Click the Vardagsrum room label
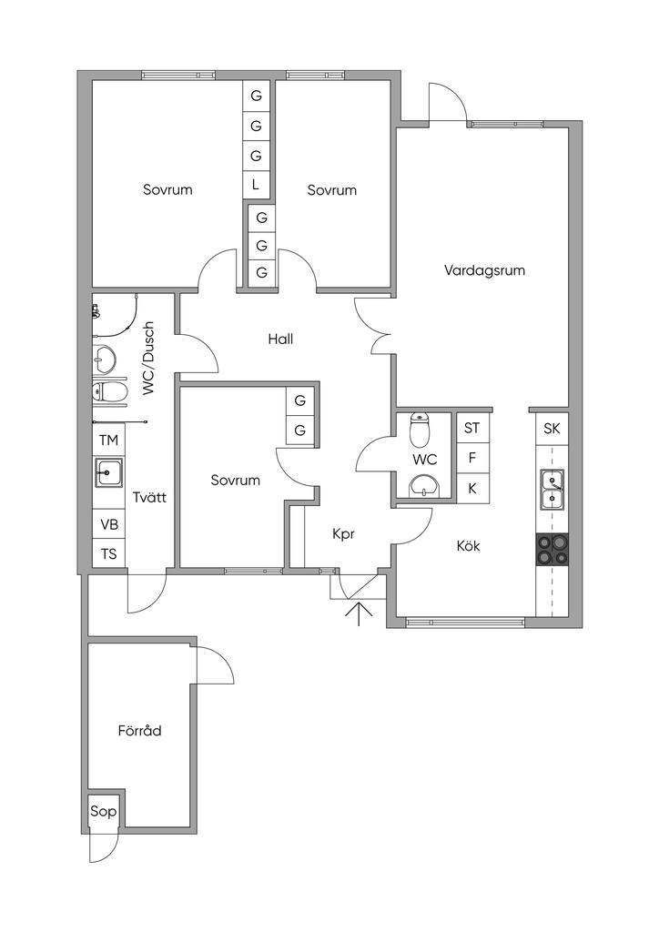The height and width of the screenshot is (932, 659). [x=484, y=270]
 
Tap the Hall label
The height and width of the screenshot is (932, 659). [x=280, y=339]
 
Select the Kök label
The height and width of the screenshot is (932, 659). [x=469, y=546]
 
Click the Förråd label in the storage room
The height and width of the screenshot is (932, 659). [x=139, y=730]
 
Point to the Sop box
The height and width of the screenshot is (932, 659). [x=103, y=811]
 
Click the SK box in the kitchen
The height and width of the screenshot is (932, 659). [x=552, y=429]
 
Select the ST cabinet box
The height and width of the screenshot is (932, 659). [x=471, y=428]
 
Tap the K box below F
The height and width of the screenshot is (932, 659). [x=471, y=488]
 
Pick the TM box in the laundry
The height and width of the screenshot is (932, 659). [x=109, y=441]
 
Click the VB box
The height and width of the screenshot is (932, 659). [x=109, y=524]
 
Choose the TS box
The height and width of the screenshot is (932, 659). [x=109, y=554]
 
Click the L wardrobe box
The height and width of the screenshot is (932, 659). [x=256, y=185]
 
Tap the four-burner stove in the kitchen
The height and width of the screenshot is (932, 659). [x=552, y=550]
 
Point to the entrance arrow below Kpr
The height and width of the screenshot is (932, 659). [x=360, y=614]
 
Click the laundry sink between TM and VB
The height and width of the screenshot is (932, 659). [x=110, y=473]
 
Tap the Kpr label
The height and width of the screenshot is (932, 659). [x=343, y=535]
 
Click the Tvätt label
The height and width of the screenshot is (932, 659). [x=148, y=497]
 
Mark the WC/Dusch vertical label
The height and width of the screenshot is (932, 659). [x=148, y=358]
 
